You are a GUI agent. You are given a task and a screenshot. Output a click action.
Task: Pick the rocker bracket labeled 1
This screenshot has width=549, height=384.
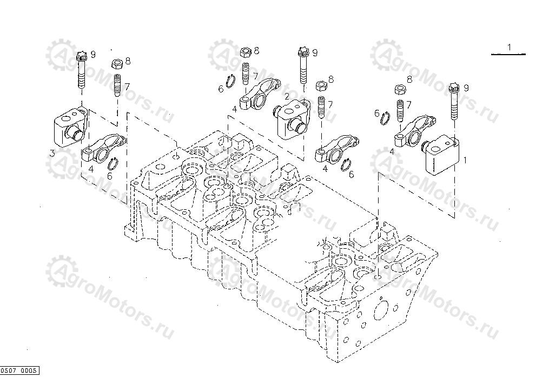[x=442, y=153]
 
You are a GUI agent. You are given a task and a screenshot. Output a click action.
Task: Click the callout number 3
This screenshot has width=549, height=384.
[x=52, y=154]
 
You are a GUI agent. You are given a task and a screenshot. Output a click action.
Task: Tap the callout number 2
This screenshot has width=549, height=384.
[x=287, y=96]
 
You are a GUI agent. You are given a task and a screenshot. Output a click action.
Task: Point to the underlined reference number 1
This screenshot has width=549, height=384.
[x=509, y=48]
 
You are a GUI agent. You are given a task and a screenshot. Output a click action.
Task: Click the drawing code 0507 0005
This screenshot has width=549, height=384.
[x=19, y=370]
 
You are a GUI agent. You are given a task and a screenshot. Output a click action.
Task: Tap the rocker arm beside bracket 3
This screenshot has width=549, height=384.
[x=104, y=149]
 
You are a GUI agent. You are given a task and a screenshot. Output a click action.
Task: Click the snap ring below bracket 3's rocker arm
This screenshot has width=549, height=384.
[x=114, y=163]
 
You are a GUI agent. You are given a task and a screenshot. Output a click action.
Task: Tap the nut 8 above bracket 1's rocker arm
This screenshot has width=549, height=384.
[x=400, y=89]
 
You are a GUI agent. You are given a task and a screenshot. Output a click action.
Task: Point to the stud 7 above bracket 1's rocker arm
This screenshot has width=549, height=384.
[x=401, y=110]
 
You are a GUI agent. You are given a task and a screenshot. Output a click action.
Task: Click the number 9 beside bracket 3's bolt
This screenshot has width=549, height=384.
[x=93, y=54]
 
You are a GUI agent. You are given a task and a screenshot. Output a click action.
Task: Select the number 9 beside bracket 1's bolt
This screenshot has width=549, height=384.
[x=466, y=88]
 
